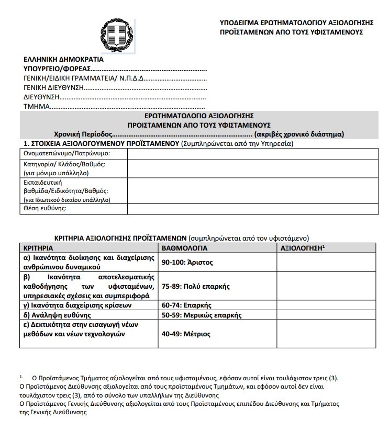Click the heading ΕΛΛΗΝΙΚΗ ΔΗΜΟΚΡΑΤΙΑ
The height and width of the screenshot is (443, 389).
click(x=63, y=59)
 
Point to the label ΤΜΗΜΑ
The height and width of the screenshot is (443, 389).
click(x=36, y=107)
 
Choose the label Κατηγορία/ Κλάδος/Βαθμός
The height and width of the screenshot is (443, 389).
click(x=64, y=164)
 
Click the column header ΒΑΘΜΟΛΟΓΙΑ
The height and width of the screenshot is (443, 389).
click(x=184, y=248)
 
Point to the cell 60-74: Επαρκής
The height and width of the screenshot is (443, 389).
click(x=186, y=305)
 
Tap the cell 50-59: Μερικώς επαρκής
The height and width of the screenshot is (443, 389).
click(x=201, y=315)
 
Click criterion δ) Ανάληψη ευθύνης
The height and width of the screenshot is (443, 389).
click(x=58, y=315)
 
